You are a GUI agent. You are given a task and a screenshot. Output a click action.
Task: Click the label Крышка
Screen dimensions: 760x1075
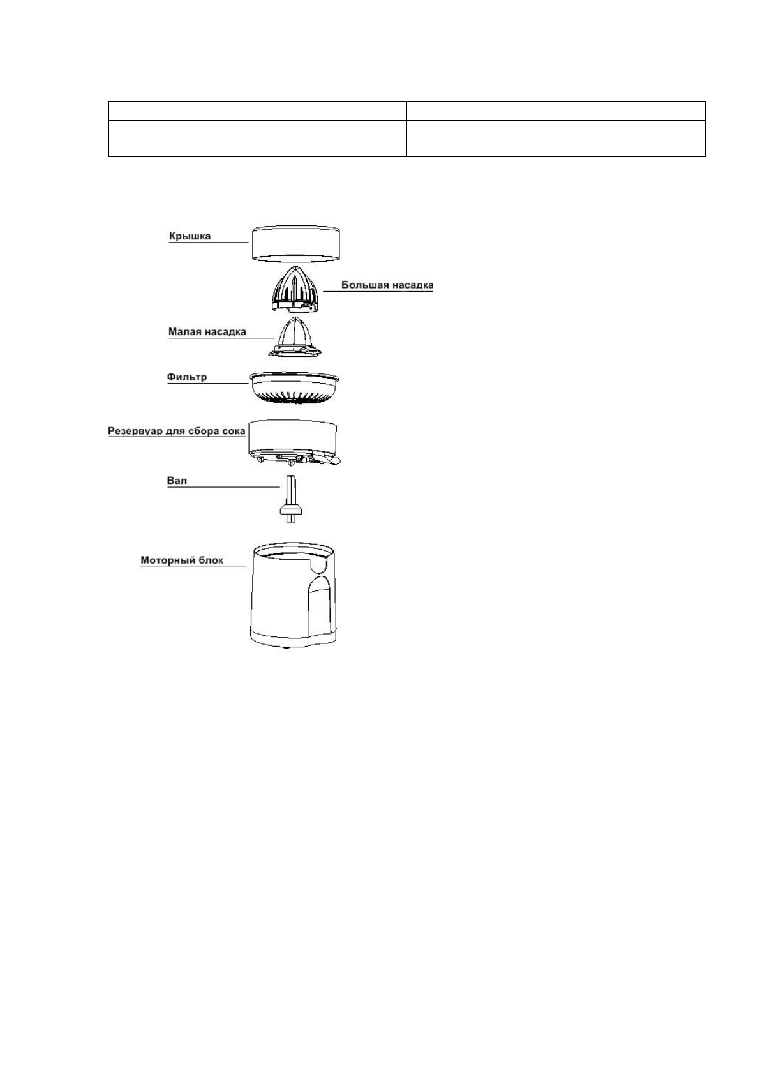[190, 236]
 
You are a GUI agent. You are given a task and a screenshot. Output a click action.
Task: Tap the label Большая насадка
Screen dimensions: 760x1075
[387, 285]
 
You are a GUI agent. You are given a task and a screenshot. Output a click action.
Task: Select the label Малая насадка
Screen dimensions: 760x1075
[207, 332]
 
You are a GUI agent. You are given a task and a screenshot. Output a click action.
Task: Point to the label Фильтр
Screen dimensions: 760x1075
[187, 377]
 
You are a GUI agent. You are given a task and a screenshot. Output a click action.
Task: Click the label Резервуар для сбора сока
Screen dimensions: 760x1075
[176, 432]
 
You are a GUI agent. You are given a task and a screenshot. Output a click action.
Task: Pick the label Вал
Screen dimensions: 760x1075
[177, 480]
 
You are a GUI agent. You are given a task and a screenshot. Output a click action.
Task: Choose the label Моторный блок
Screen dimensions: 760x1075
[182, 560]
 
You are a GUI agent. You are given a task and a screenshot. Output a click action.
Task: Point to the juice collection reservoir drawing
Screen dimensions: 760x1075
[292, 437]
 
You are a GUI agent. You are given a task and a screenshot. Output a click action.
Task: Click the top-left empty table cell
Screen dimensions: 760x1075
[258, 110]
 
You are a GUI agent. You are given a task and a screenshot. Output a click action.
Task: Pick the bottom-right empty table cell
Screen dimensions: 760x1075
[556, 148]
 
